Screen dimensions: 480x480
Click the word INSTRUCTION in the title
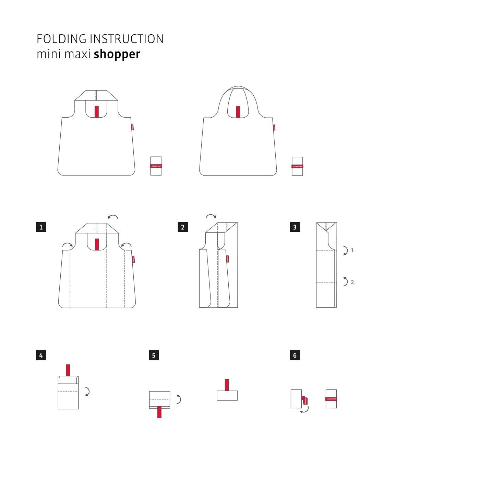pyautogui.click(x=127, y=39)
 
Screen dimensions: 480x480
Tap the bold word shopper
pyautogui.click(x=117, y=55)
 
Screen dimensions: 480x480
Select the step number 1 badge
pyautogui.click(x=41, y=227)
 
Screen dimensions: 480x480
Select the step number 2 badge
pyautogui.click(x=183, y=227)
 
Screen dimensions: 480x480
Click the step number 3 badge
pyautogui.click(x=295, y=227)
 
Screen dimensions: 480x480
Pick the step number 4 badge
pyautogui.click(x=41, y=355)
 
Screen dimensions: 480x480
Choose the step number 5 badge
pyautogui.click(x=154, y=355)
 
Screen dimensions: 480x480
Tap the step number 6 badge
pyautogui.click(x=295, y=355)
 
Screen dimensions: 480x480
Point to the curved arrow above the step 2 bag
pyautogui.click(x=211, y=216)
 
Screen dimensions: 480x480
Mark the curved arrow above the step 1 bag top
pyautogui.click(x=113, y=217)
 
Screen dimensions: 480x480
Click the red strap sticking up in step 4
pyautogui.click(x=68, y=371)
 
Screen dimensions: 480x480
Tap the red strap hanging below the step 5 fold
pyautogui.click(x=159, y=412)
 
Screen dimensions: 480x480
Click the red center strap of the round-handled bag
pyautogui.click(x=238, y=112)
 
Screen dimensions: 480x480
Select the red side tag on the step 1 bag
pyautogui.click(x=133, y=259)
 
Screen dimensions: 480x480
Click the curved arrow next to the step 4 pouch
pyautogui.click(x=87, y=392)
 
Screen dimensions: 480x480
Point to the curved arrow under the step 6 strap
pyautogui.click(x=304, y=409)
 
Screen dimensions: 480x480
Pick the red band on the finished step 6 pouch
pyautogui.click(x=331, y=399)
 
